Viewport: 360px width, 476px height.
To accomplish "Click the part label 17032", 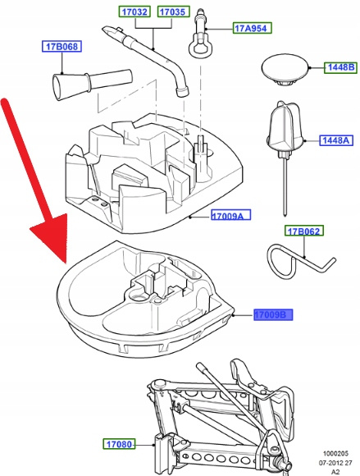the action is (134, 11).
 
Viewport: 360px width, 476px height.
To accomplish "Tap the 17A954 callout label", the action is (252, 28).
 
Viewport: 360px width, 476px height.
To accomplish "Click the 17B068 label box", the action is (62, 46).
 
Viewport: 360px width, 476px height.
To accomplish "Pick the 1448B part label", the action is (341, 67).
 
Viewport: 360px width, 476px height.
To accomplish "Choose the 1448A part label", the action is (336, 140).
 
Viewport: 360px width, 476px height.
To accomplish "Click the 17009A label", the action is (231, 215).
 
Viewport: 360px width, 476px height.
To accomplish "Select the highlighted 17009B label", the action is (273, 315).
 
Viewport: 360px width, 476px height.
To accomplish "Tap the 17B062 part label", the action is (304, 231).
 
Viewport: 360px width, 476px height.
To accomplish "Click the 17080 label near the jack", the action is (119, 444).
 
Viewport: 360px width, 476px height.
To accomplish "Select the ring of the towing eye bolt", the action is (199, 48).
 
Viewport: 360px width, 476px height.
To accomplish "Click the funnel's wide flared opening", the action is (58, 88).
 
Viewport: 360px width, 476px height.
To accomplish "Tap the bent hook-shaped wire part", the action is (300, 262).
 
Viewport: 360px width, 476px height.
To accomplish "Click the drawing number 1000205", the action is (335, 454).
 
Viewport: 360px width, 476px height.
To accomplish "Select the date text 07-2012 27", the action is (335, 463).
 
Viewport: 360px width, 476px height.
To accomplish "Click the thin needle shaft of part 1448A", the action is (285, 185).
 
